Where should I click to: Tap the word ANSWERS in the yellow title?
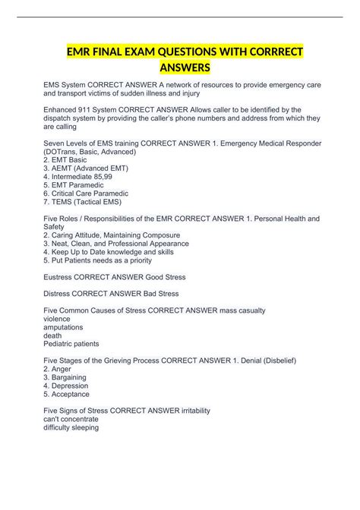[179, 70]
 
